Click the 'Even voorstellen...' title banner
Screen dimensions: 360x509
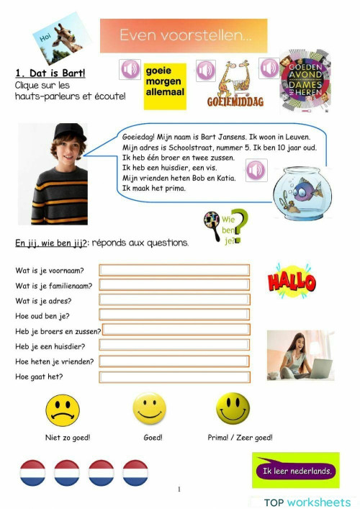click(x=183, y=35)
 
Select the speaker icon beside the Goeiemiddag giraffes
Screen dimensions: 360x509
click(x=206, y=70)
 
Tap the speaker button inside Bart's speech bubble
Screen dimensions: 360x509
click(x=257, y=171)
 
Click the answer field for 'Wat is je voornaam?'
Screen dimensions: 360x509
click(x=175, y=270)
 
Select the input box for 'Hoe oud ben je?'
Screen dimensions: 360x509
click(x=175, y=315)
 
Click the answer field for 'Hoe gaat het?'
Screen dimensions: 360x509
click(x=175, y=377)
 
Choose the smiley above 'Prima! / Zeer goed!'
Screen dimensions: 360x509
click(x=233, y=409)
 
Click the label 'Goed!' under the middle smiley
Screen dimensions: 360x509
click(x=153, y=437)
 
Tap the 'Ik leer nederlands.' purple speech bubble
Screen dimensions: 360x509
click(x=295, y=471)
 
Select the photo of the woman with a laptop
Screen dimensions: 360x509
click(x=300, y=355)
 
